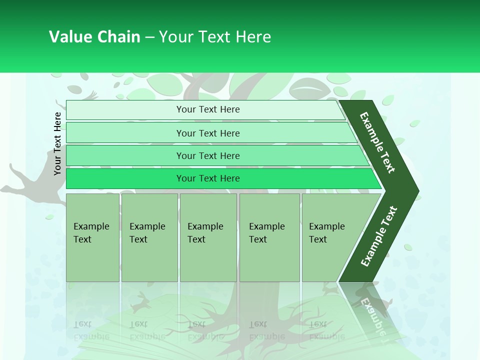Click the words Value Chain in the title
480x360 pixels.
(x=94, y=37)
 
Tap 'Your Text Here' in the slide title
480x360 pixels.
(x=215, y=37)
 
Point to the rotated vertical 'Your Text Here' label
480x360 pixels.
(x=57, y=143)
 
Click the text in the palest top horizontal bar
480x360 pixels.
(x=208, y=109)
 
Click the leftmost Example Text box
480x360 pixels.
(x=92, y=237)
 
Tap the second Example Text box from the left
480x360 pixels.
(x=149, y=237)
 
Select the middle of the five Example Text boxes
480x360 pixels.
(x=208, y=237)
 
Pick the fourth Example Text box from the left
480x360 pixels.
(x=269, y=237)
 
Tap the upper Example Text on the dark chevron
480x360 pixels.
(x=377, y=142)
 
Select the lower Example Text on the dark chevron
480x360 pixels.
(x=379, y=236)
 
